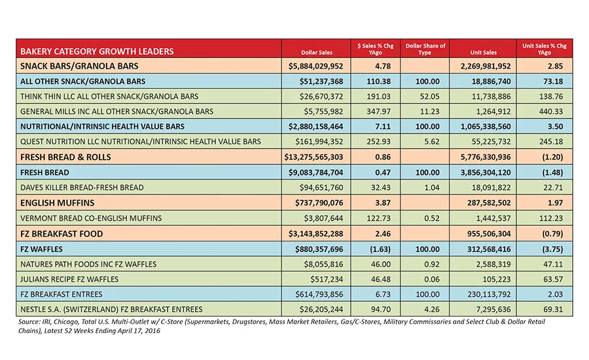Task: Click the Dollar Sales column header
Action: [x=317, y=52]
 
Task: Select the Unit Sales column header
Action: [x=483, y=52]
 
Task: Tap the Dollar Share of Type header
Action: [x=425, y=49]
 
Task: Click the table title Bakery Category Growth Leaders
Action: [x=97, y=52]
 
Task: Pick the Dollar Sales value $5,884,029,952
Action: [x=315, y=66]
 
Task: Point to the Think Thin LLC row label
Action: [x=109, y=97]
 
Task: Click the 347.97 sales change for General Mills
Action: [x=378, y=112]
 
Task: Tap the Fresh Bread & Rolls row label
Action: [x=65, y=157]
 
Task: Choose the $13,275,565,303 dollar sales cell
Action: [x=313, y=157]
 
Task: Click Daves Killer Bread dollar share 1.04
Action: [x=432, y=187]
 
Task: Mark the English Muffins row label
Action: [x=58, y=203]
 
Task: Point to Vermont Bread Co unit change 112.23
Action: [x=550, y=219]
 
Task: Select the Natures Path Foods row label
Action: [x=88, y=264]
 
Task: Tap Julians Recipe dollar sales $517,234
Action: [x=327, y=279]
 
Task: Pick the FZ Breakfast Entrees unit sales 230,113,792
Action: [x=489, y=295]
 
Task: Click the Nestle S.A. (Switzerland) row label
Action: [x=111, y=309]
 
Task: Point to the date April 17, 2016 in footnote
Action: [x=139, y=331]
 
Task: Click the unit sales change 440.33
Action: [x=550, y=112]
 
